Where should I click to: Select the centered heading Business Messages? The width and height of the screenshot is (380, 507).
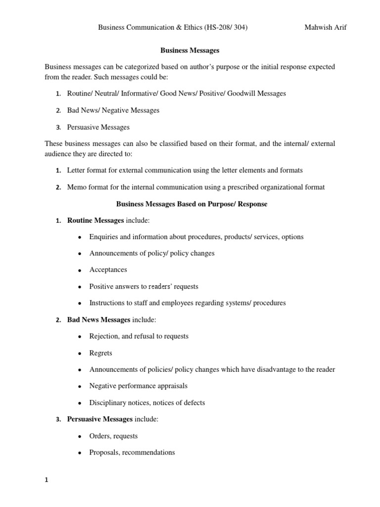[190, 51]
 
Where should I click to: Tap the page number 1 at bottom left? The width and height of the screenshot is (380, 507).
[47, 479]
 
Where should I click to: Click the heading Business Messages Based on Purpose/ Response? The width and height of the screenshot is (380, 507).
[191, 204]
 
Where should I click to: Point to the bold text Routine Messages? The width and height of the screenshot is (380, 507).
[95, 220]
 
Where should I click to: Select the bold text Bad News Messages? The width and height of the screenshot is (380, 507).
[98, 319]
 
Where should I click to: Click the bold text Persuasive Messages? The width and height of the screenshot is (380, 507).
[100, 419]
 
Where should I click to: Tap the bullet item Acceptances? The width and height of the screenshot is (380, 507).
[108, 270]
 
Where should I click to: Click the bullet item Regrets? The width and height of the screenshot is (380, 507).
[100, 353]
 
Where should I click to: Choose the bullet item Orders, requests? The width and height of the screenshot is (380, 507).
[113, 436]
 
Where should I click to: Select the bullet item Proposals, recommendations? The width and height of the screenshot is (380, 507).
[132, 453]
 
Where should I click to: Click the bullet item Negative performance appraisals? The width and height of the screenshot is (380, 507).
[138, 386]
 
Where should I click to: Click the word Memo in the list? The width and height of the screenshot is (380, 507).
[77, 187]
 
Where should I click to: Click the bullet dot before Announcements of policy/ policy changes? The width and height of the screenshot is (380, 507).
[80, 253]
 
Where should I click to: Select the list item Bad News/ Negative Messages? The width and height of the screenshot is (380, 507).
[113, 110]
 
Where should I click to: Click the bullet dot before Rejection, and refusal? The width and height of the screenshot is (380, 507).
[80, 337]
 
